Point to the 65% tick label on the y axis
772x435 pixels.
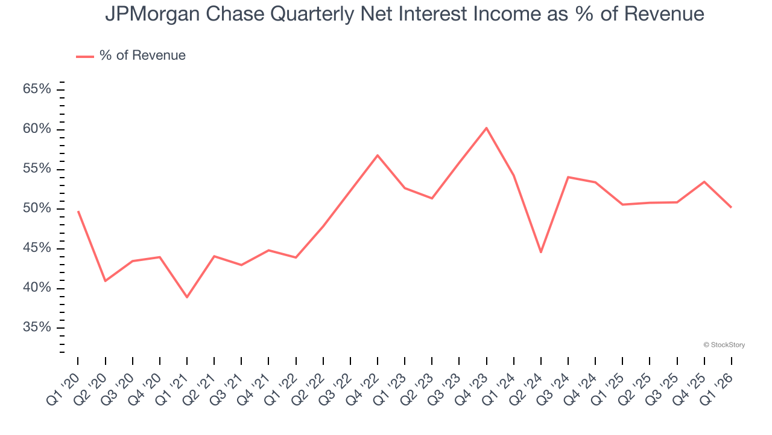point(37,89)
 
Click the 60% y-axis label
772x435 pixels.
point(37,129)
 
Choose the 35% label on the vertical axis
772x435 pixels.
point(37,327)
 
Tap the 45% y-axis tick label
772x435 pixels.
point(37,248)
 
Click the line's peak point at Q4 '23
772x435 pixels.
point(486,127)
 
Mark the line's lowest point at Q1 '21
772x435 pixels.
point(187,297)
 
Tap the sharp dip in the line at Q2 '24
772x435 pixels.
point(541,253)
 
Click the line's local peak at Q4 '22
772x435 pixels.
point(378,155)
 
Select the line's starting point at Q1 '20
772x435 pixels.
point(78,211)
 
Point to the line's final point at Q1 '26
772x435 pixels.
point(732,208)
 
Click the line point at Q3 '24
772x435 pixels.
point(568,177)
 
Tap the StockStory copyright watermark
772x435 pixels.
point(724,345)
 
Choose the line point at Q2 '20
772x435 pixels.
point(105,281)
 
